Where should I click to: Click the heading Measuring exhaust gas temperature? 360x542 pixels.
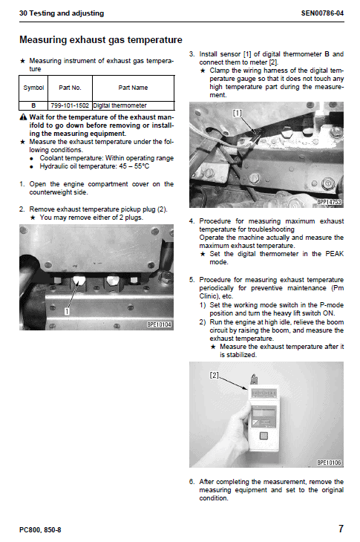100,40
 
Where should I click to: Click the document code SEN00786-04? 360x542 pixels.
322,13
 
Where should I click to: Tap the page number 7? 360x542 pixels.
341,529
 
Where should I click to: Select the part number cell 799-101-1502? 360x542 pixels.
70,105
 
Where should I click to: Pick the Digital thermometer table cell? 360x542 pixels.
120,105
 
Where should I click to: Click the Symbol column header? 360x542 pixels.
33,88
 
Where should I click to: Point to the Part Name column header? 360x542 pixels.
133,88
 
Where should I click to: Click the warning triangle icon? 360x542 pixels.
23,117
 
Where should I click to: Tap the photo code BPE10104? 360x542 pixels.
159,324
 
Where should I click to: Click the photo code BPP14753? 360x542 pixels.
330,202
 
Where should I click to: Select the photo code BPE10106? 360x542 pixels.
330,463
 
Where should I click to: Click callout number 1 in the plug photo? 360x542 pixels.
67,311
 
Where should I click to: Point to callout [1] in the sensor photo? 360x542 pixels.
238,113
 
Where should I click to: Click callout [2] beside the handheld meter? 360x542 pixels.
215,375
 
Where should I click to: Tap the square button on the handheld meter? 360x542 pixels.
264,436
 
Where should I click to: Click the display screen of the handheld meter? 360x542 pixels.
264,412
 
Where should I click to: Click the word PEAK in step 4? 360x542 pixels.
335,254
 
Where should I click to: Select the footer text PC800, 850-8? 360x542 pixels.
40,530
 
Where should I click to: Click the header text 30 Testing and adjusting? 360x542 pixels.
62,13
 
